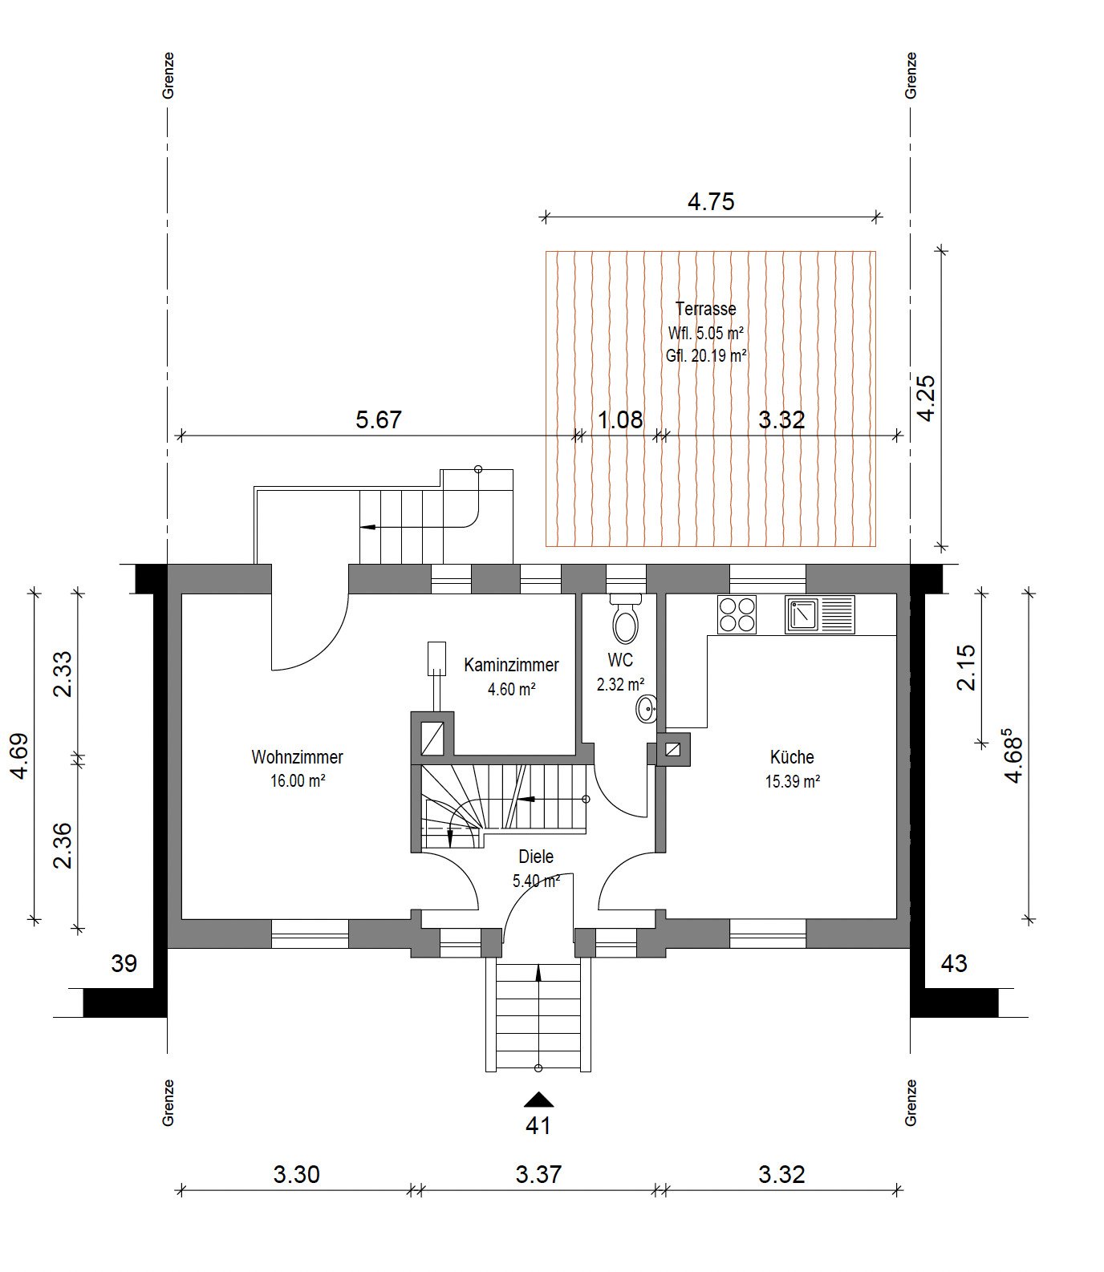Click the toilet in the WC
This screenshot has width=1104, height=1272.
(625, 617)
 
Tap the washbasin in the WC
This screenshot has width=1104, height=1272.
(647, 709)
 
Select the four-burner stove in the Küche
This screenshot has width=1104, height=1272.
(737, 615)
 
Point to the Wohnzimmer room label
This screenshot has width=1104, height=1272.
(298, 757)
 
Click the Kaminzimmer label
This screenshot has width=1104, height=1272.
(511, 665)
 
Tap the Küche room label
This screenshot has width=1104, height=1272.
(792, 757)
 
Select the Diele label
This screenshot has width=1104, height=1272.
(536, 857)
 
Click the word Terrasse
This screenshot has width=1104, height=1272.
(706, 308)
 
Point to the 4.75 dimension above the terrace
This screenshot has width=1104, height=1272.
(711, 201)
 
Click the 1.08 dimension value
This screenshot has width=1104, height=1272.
(621, 419)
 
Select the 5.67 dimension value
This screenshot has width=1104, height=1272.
(378, 419)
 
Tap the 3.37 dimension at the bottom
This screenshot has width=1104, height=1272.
(538, 1175)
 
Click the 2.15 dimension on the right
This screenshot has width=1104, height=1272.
(966, 667)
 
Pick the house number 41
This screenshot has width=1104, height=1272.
(538, 1126)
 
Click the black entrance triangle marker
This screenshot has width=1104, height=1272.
(538, 1100)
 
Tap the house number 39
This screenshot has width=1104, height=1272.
(124, 963)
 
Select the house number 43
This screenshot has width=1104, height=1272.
(953, 963)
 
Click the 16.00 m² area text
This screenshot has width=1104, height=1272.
(298, 781)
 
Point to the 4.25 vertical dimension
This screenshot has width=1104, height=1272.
(927, 398)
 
